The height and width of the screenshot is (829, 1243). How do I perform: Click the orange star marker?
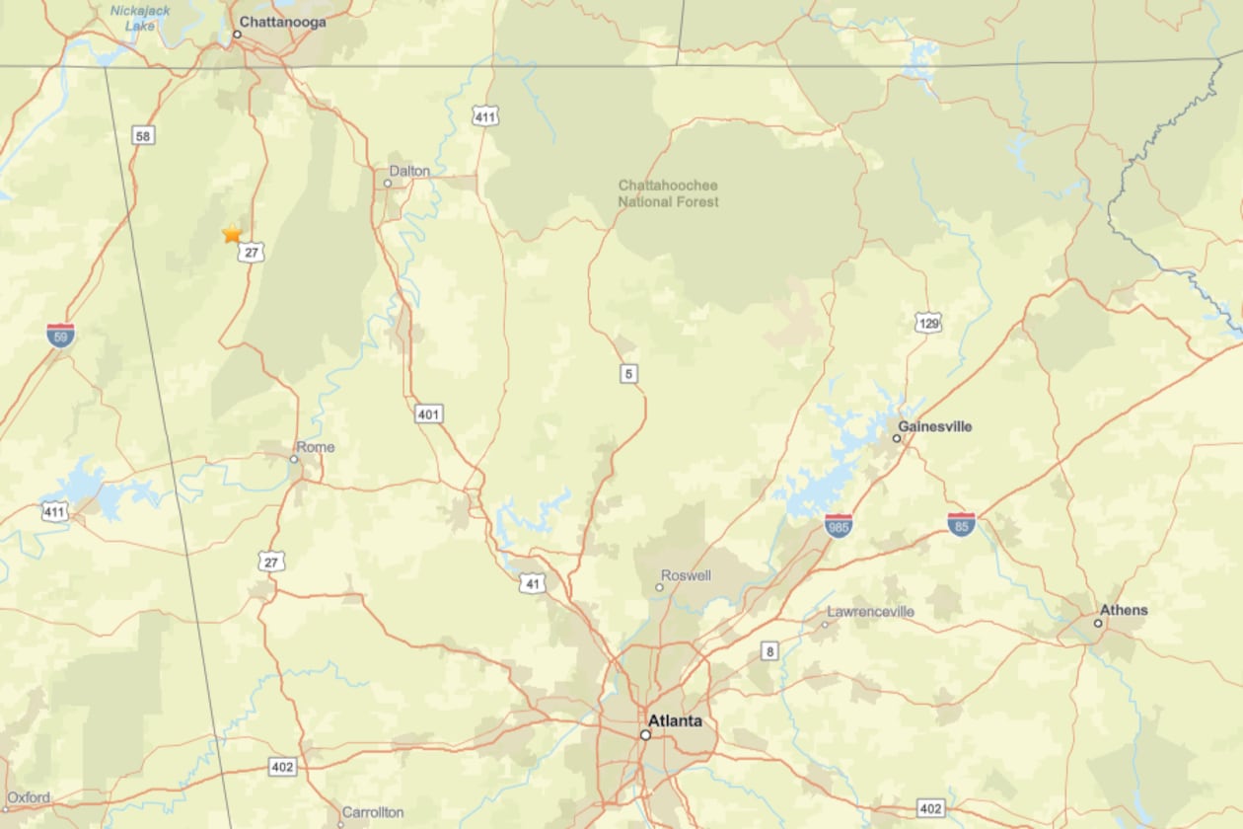click(232, 234)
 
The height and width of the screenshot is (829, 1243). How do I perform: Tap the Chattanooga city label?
click(283, 22)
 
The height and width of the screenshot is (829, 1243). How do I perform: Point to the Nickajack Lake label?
click(140, 18)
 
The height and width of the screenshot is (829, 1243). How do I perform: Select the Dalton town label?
click(409, 171)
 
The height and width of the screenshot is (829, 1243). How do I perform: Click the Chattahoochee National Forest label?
click(668, 193)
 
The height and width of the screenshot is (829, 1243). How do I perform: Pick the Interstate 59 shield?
click(60, 336)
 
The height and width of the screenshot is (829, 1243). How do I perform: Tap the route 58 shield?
click(143, 135)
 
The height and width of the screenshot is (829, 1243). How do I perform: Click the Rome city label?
click(316, 447)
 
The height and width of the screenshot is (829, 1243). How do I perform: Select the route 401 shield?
click(427, 414)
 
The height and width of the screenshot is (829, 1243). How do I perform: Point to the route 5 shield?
click(628, 373)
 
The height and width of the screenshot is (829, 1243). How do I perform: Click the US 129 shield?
click(927, 323)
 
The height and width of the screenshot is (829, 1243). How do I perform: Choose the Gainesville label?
click(934, 426)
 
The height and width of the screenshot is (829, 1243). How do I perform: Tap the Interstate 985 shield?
click(839, 526)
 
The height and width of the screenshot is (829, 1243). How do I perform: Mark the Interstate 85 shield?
click(961, 525)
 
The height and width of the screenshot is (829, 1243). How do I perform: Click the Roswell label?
click(686, 575)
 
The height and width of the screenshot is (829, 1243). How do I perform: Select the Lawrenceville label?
click(870, 612)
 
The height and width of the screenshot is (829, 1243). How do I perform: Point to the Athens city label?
click(1124, 610)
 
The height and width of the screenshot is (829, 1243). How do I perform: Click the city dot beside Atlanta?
click(645, 735)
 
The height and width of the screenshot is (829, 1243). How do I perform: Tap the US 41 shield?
click(533, 583)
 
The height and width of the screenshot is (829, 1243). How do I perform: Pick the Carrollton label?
click(372, 812)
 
